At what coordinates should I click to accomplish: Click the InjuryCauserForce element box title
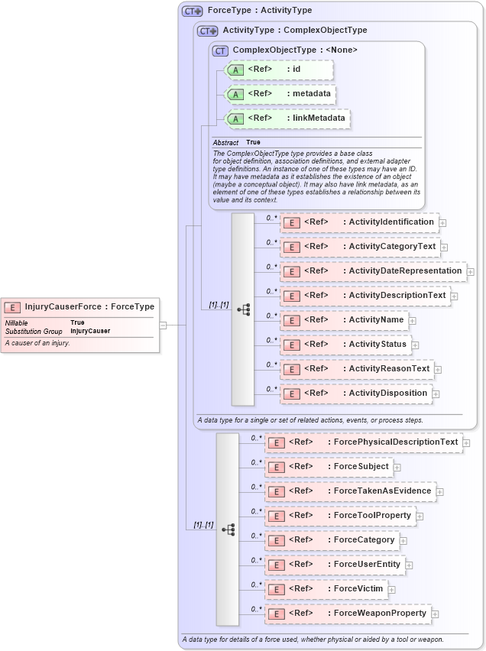(89, 306)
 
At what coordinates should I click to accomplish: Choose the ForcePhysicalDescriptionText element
(396, 442)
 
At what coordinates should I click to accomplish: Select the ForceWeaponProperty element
(380, 614)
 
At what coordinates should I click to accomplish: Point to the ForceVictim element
(358, 589)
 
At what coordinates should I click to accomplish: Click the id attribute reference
(296, 70)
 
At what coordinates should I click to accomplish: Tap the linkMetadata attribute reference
(316, 118)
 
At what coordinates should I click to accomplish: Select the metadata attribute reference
(312, 94)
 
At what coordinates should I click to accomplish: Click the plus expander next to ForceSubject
(397, 468)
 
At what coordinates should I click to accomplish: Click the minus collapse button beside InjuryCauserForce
(163, 325)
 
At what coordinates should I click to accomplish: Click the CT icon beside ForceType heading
(193, 11)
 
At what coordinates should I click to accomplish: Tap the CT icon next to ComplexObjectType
(221, 50)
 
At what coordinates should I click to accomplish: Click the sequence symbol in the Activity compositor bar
(244, 309)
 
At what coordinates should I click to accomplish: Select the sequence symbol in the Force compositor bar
(228, 530)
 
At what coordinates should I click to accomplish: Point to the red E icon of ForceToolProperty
(276, 516)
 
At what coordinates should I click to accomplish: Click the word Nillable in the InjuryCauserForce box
(17, 322)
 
